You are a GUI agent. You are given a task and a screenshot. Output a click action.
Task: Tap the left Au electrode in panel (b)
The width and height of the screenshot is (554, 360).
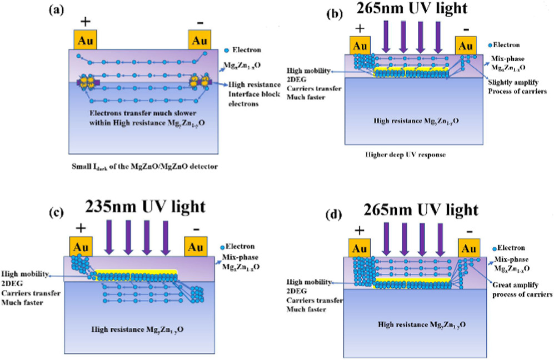click(360, 44)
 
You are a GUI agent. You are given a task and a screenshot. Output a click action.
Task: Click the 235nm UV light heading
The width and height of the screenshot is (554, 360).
click(145, 206)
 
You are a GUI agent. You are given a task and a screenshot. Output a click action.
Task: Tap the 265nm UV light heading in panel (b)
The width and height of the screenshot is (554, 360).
click(418, 10)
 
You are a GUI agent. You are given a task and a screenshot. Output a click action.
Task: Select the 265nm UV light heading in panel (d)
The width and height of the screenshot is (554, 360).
click(421, 209)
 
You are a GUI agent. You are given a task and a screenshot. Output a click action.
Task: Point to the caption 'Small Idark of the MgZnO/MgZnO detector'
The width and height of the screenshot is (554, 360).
click(138, 166)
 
